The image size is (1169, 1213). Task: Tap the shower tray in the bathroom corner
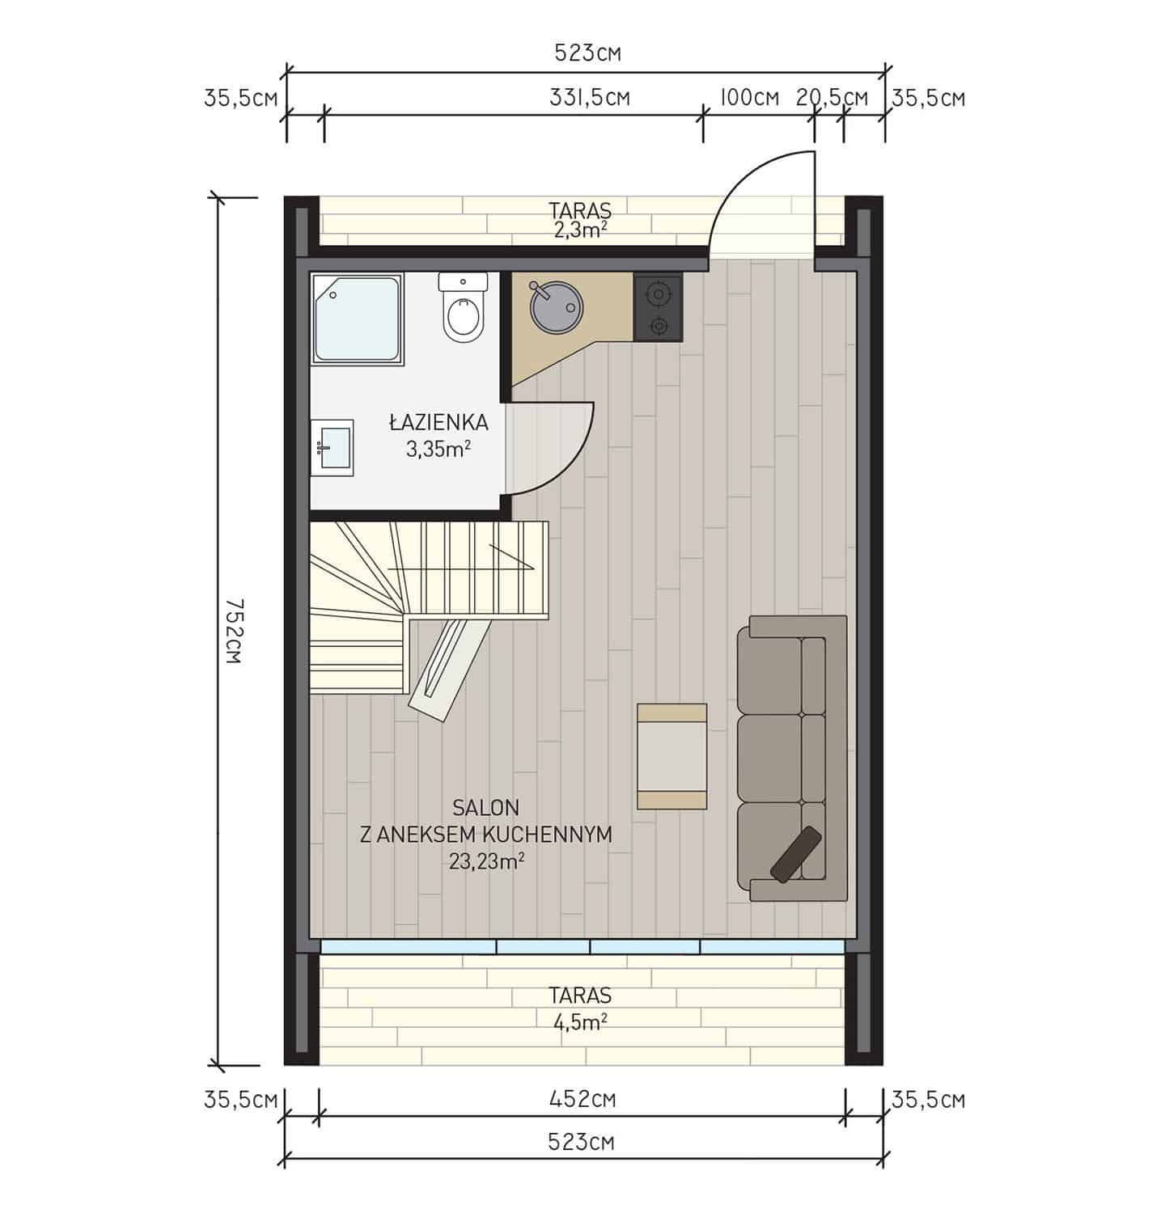[357, 318]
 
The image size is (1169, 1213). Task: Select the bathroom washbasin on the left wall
[333, 443]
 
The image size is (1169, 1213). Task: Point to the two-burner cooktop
[659, 307]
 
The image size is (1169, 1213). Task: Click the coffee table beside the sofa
[672, 756]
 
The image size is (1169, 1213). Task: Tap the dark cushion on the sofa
[797, 853]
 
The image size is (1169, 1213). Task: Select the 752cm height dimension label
[233, 631]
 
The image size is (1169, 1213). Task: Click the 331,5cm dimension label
[590, 98]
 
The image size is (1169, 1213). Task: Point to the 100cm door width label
[748, 98]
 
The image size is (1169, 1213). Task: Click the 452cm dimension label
[582, 1100]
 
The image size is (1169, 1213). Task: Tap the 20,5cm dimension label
[832, 98]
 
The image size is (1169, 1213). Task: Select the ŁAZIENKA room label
[438, 421]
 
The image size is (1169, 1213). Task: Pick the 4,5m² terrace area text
[580, 1021]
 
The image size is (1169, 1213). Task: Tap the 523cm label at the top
[587, 53]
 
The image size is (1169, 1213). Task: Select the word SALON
[485, 807]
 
